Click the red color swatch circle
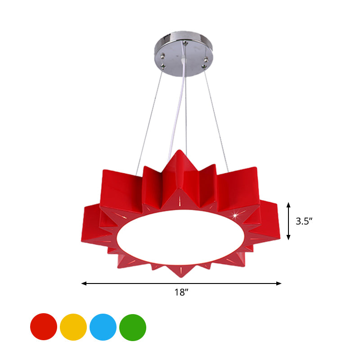[x=44, y=327]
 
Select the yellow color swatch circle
[x=73, y=327]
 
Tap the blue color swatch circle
[x=103, y=327]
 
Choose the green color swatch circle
[x=133, y=327]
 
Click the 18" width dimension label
[x=181, y=293]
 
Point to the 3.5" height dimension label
[x=304, y=221]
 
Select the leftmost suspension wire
[x=149, y=117]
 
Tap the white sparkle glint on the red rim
[x=234, y=216]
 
